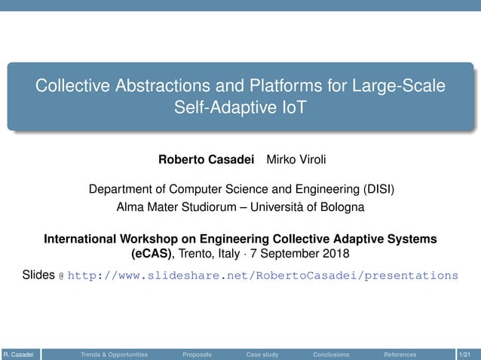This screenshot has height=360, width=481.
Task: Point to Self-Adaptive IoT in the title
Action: pos(240,108)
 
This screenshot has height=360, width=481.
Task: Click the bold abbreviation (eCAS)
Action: pos(150,252)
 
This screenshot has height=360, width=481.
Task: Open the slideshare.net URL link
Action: pos(262,276)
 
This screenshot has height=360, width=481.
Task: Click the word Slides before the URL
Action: pos(38,275)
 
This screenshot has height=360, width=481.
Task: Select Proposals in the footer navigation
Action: pos(197,354)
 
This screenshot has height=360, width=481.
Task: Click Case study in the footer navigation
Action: pos(262,354)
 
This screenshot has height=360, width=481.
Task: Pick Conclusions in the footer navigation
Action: pos(331,354)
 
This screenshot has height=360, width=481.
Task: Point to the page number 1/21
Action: pos(467,354)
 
